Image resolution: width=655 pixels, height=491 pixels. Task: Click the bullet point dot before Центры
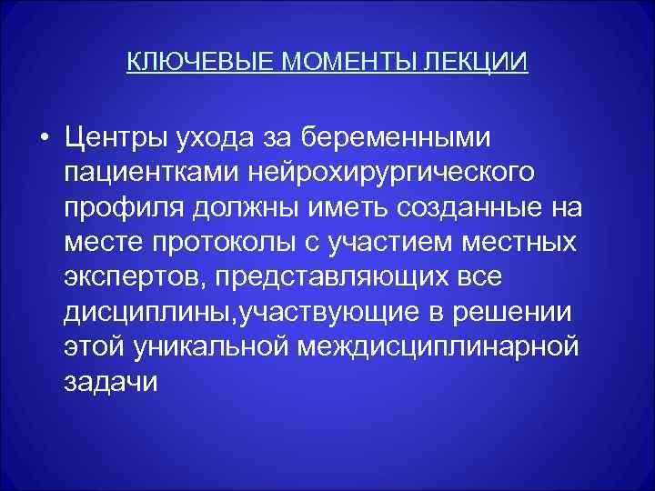click(44, 137)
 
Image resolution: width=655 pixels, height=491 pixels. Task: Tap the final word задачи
click(111, 382)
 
